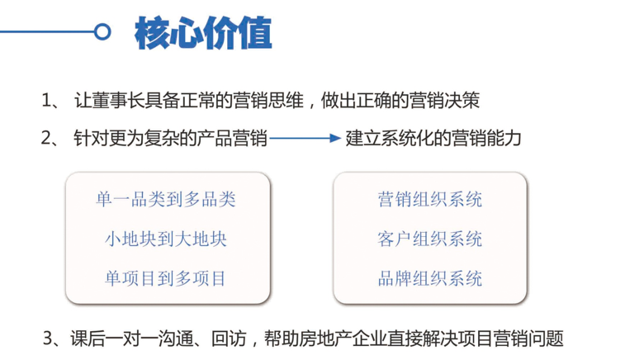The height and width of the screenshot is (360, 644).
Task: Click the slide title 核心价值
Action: coord(203,33)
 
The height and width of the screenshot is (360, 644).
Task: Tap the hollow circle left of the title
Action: coord(102,31)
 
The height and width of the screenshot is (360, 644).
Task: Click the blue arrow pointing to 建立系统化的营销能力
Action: coord(305,139)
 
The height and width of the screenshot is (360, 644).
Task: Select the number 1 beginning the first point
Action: coord(46,101)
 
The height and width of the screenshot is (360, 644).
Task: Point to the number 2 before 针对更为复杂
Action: coord(46,138)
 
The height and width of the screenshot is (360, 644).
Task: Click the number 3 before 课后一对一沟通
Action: coord(48,339)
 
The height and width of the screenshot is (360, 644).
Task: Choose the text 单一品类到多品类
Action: coord(166,199)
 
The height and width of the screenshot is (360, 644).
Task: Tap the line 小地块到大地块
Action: coord(166,239)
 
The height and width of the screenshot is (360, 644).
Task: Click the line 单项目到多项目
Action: coord(166,278)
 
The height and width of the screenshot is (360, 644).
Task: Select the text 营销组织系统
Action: coord(429,199)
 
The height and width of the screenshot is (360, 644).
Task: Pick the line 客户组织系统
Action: coord(429,239)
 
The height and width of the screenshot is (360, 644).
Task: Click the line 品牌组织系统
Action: coord(429,278)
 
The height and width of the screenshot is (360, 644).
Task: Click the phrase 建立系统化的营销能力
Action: coord(433,138)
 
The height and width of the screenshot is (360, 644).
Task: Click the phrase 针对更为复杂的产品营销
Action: coord(170,138)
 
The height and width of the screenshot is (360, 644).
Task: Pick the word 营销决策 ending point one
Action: coord(444,101)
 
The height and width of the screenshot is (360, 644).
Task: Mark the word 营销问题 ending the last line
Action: coord(528,339)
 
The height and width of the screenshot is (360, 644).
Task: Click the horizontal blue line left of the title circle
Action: coord(47,31)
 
